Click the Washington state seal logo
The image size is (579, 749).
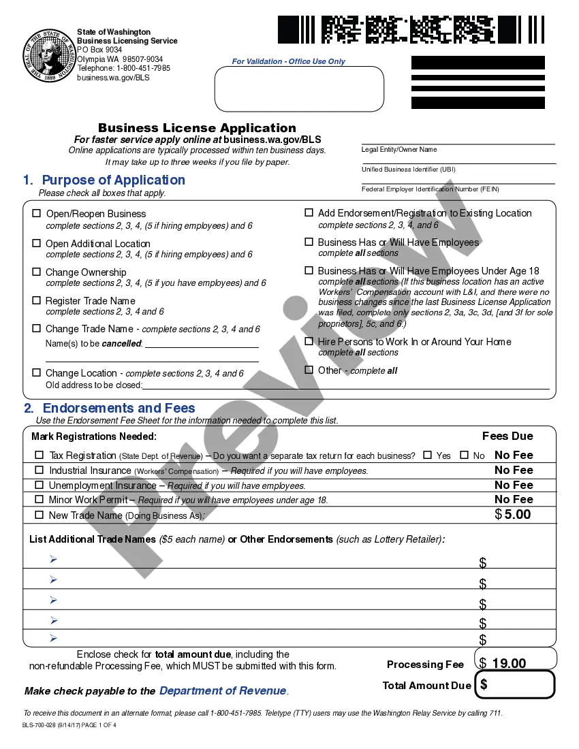tap(48, 56)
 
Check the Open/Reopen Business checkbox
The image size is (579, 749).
tap(37, 214)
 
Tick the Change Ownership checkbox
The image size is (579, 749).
tap(37, 272)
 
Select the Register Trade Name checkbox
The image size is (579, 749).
tap(37, 300)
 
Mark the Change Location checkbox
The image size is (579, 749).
tap(37, 372)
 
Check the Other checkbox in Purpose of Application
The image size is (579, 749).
tap(309, 370)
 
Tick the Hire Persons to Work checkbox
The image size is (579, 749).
tap(309, 341)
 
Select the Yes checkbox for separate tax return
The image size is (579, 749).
tap(428, 455)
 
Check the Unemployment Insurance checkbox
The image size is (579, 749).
tap(39, 485)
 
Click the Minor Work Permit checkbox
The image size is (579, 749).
tap(39, 500)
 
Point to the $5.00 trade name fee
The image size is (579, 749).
tap(513, 515)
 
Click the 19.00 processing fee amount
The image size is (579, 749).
tap(509, 663)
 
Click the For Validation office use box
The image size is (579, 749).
tap(299, 89)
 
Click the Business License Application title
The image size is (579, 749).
tap(197, 128)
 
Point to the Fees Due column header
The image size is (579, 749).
tap(507, 436)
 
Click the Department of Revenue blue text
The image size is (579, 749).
tap(223, 690)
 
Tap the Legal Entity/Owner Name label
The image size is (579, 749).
tap(399, 149)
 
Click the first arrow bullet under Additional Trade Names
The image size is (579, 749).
tap(54, 559)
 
